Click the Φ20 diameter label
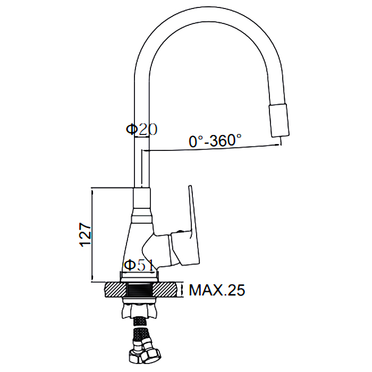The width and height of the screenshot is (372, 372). (x=141, y=129)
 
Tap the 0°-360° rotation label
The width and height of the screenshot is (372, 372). (x=215, y=140)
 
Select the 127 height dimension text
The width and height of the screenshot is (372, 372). (x=86, y=235)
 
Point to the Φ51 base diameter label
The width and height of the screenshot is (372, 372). (x=139, y=265)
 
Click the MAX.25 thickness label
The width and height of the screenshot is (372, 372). (x=217, y=290)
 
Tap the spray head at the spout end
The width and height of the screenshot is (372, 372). (x=279, y=121)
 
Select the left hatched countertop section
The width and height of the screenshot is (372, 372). (x=115, y=290)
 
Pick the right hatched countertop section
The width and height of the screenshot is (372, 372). (x=165, y=290)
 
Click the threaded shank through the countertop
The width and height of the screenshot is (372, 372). (x=139, y=290)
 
